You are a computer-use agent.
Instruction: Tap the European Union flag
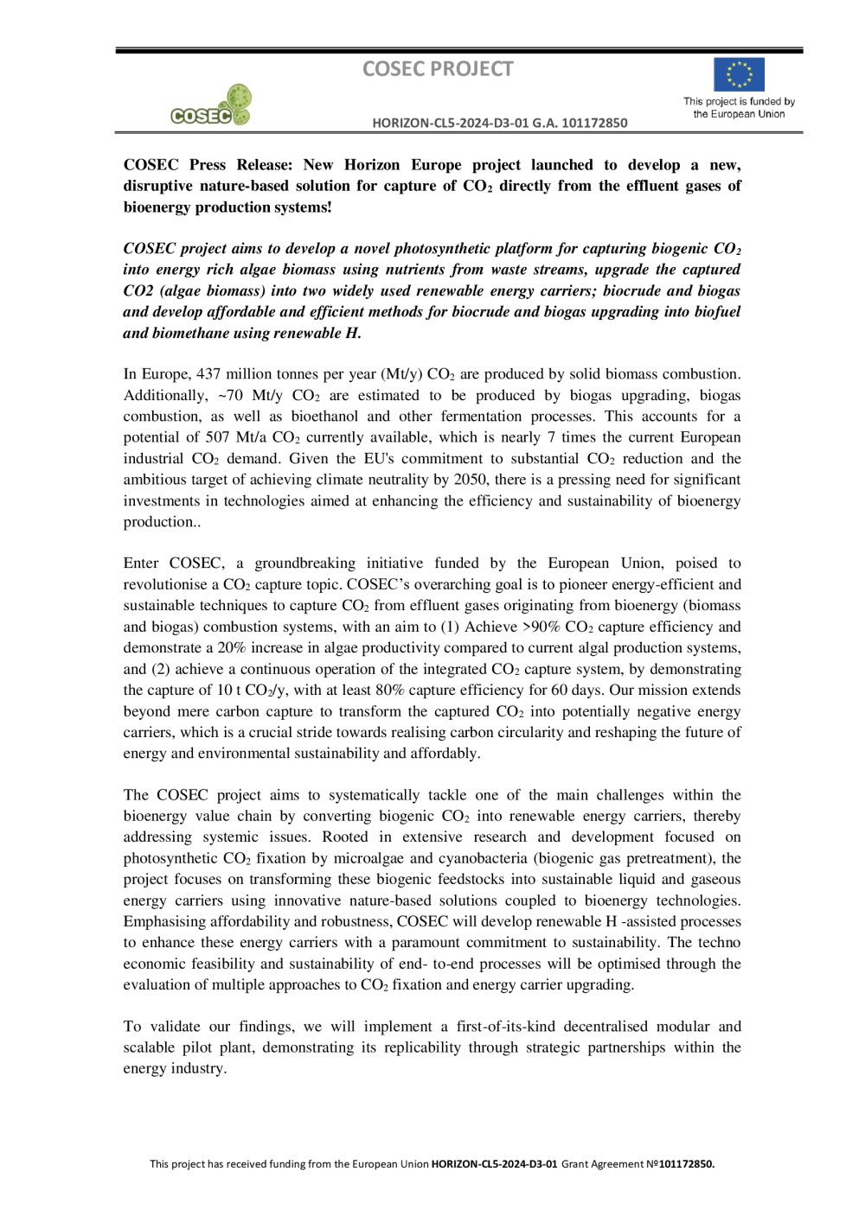[x=739, y=74]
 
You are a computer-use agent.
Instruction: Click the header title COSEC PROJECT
[x=438, y=69]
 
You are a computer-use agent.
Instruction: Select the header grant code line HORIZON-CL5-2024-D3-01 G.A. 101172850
[x=500, y=123]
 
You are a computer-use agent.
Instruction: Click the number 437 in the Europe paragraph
[x=208, y=374]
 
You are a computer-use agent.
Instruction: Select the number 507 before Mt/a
[x=217, y=437]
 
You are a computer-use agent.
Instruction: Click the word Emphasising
[x=163, y=922]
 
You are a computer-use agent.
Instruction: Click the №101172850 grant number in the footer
[x=680, y=1164]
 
